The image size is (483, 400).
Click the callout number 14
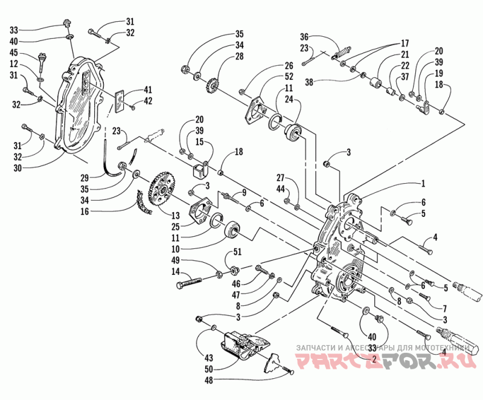coord(176,273)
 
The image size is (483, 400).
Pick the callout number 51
coord(237,253)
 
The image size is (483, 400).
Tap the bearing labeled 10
coord(232,230)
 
